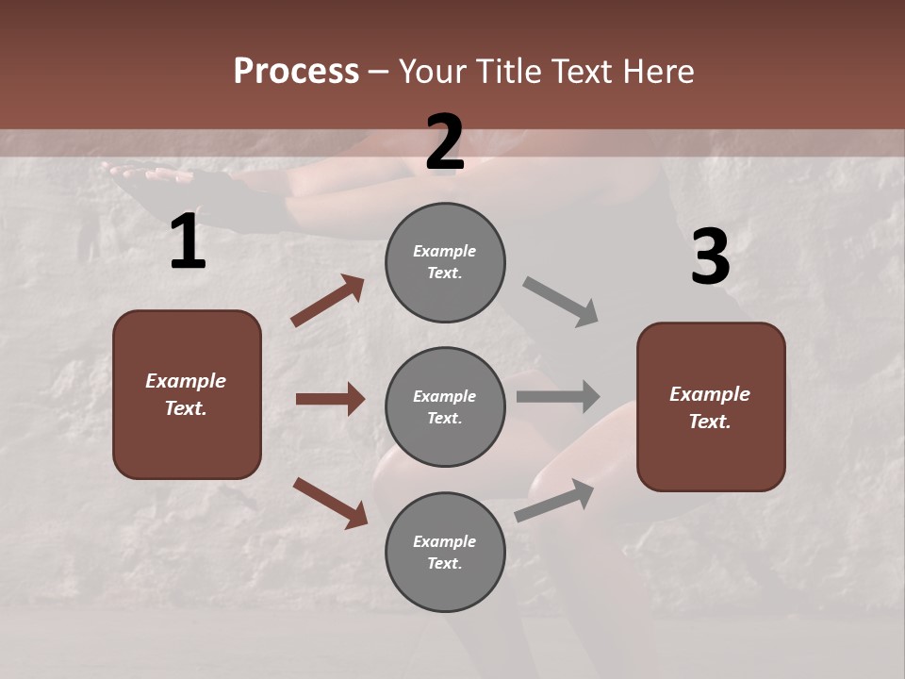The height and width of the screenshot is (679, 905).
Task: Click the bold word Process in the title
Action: tap(296, 71)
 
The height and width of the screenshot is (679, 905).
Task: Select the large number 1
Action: tap(188, 242)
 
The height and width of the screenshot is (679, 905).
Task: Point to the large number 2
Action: tap(445, 142)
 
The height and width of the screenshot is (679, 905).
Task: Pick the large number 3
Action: tap(710, 257)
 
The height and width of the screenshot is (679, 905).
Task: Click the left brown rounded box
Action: tap(187, 394)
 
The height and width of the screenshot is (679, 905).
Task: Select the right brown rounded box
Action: tap(711, 407)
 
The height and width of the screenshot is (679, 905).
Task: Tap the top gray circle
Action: tap(445, 262)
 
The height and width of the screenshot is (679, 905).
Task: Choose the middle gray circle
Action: tap(445, 407)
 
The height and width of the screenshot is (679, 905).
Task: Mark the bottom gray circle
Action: tap(445, 553)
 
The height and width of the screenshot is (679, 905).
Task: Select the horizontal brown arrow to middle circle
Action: tap(330, 399)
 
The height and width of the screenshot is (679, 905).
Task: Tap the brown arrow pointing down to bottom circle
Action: tap(330, 502)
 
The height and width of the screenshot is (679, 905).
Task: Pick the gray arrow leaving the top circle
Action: tap(560, 301)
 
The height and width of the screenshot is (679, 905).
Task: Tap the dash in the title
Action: tap(378, 72)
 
